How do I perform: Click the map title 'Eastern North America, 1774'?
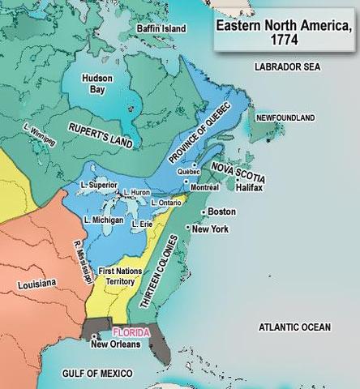coord(283,32)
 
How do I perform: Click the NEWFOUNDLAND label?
coord(285,118)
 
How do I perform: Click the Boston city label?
coord(221,212)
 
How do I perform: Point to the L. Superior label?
coord(101,185)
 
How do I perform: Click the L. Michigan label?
coord(103,220)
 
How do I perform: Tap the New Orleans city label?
coord(115,344)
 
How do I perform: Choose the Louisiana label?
coord(36,283)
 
